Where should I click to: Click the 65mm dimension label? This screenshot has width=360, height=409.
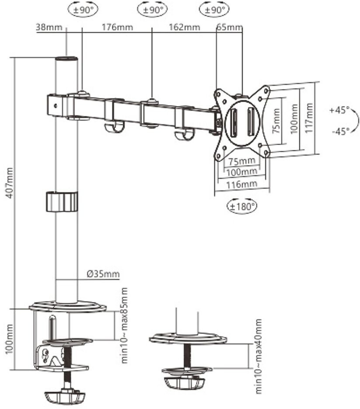click(229, 27)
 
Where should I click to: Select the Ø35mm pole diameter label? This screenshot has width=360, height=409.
click(103, 274)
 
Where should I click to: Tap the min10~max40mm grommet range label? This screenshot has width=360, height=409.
click(258, 356)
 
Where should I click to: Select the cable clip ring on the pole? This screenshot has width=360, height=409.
click(61, 201)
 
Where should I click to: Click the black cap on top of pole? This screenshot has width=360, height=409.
click(66, 58)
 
